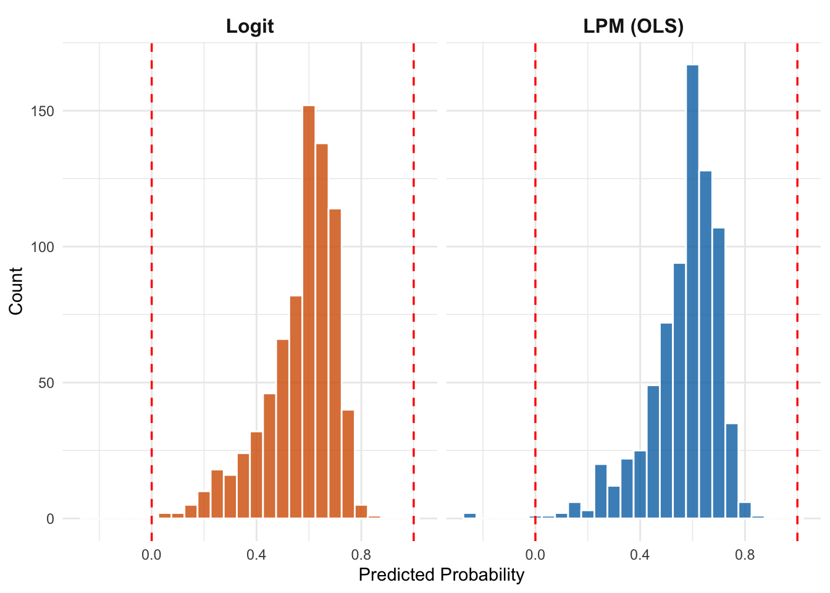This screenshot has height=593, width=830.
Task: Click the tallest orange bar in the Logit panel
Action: point(309,312)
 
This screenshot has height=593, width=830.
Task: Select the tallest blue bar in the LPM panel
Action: point(692,292)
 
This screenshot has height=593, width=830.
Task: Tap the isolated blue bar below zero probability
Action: point(470,515)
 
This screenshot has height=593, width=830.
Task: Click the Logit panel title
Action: point(249,27)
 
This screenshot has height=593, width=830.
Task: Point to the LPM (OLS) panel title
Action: point(633,27)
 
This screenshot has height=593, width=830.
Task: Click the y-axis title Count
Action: point(16,290)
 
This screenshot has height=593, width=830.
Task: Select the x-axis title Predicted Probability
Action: point(441,575)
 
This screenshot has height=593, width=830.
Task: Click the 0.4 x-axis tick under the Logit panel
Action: point(256,554)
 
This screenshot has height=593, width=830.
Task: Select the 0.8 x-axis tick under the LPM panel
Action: point(745,554)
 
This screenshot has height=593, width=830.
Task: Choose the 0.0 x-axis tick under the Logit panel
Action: point(151,554)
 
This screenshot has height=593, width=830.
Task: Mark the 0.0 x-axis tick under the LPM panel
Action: point(535,554)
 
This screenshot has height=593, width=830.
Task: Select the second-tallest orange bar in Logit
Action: point(322,331)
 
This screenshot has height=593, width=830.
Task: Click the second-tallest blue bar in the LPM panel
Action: point(705,345)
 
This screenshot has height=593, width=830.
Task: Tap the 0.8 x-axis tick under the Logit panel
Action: point(361,554)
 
